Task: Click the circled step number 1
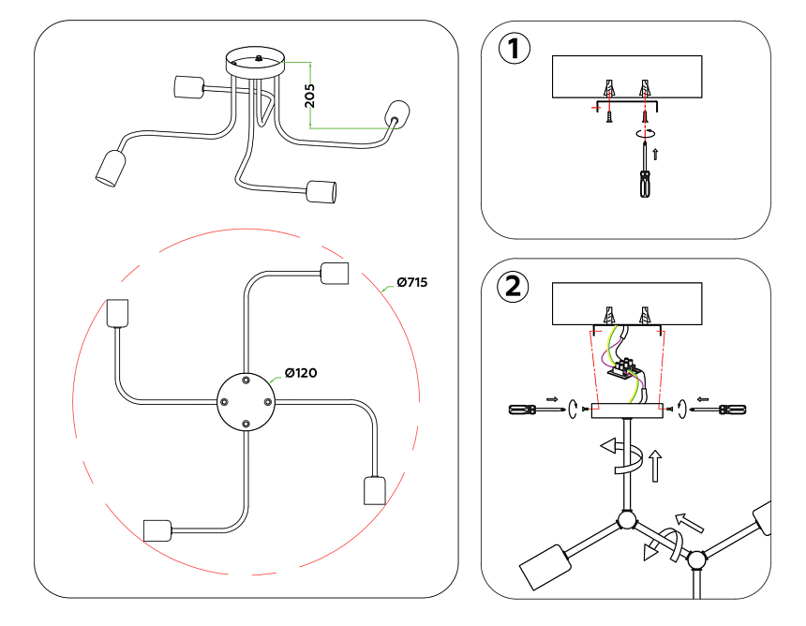click(513, 50)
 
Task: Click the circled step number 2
click(513, 287)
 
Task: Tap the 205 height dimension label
click(310, 95)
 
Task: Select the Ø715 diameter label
click(411, 282)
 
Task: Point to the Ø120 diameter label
click(301, 373)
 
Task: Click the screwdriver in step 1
click(644, 173)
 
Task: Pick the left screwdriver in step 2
click(529, 410)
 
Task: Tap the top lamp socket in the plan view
click(335, 273)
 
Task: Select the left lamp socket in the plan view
click(117, 313)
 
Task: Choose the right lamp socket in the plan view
click(374, 491)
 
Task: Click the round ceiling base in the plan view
click(245, 400)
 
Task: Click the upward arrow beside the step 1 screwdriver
click(655, 153)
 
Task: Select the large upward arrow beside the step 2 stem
click(653, 465)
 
